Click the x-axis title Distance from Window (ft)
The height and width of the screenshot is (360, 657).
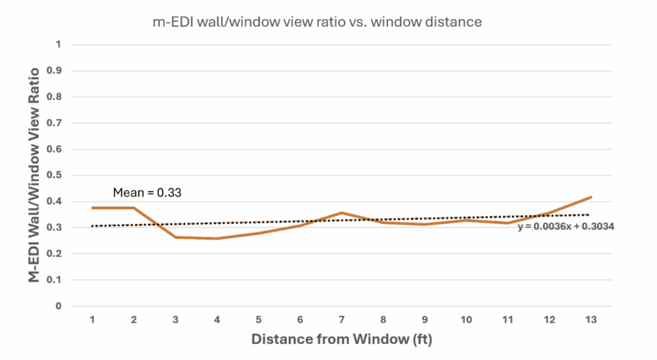click(x=341, y=339)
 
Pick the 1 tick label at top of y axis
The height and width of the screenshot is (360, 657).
click(x=60, y=45)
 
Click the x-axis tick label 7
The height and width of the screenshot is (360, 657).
click(x=342, y=319)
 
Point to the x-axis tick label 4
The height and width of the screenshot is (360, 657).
click(x=218, y=319)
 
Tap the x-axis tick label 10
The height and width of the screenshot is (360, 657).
click(x=466, y=319)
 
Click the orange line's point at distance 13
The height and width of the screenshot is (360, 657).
click(x=590, y=197)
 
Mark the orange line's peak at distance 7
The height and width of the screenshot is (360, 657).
click(x=342, y=213)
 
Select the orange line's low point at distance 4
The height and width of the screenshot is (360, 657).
click(x=218, y=239)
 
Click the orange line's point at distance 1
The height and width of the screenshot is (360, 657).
click(x=93, y=208)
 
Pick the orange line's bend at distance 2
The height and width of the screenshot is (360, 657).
click(x=135, y=208)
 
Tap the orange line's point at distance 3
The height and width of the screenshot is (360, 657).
click(x=176, y=237)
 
